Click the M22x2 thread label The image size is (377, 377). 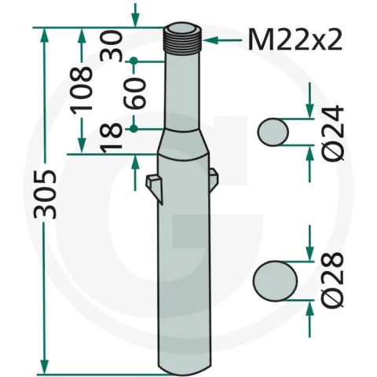click(x=295, y=39)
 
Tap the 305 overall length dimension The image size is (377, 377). click(x=45, y=194)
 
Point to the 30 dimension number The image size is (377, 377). click(x=112, y=46)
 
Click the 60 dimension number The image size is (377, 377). click(x=135, y=93)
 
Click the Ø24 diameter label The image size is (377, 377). click(x=332, y=134)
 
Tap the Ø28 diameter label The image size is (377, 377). click(x=332, y=280)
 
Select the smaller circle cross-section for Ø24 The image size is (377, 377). click(x=273, y=132)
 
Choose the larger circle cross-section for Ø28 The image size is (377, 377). click(x=275, y=280)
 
